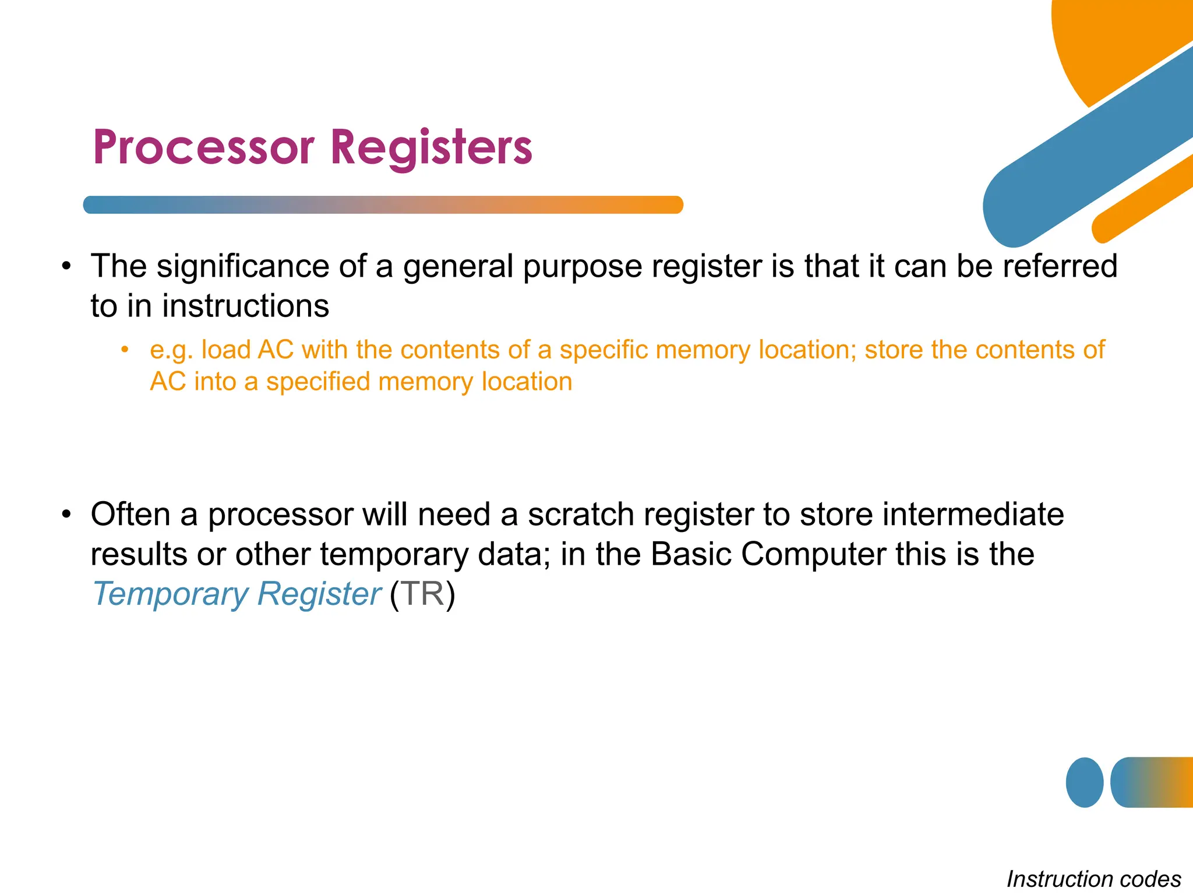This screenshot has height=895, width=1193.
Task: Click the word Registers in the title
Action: [431, 147]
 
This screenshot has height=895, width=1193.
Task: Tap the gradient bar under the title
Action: [383, 205]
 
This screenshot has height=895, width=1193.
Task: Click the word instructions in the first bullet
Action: [245, 306]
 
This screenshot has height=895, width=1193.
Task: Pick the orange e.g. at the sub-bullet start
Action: [171, 350]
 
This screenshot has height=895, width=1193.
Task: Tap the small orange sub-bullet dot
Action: [124, 350]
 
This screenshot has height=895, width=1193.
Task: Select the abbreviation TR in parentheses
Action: [422, 594]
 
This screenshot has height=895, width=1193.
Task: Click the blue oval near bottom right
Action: [1084, 782]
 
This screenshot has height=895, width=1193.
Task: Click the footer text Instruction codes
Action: [1093, 879]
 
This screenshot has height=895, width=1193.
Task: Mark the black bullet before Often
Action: [67, 515]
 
